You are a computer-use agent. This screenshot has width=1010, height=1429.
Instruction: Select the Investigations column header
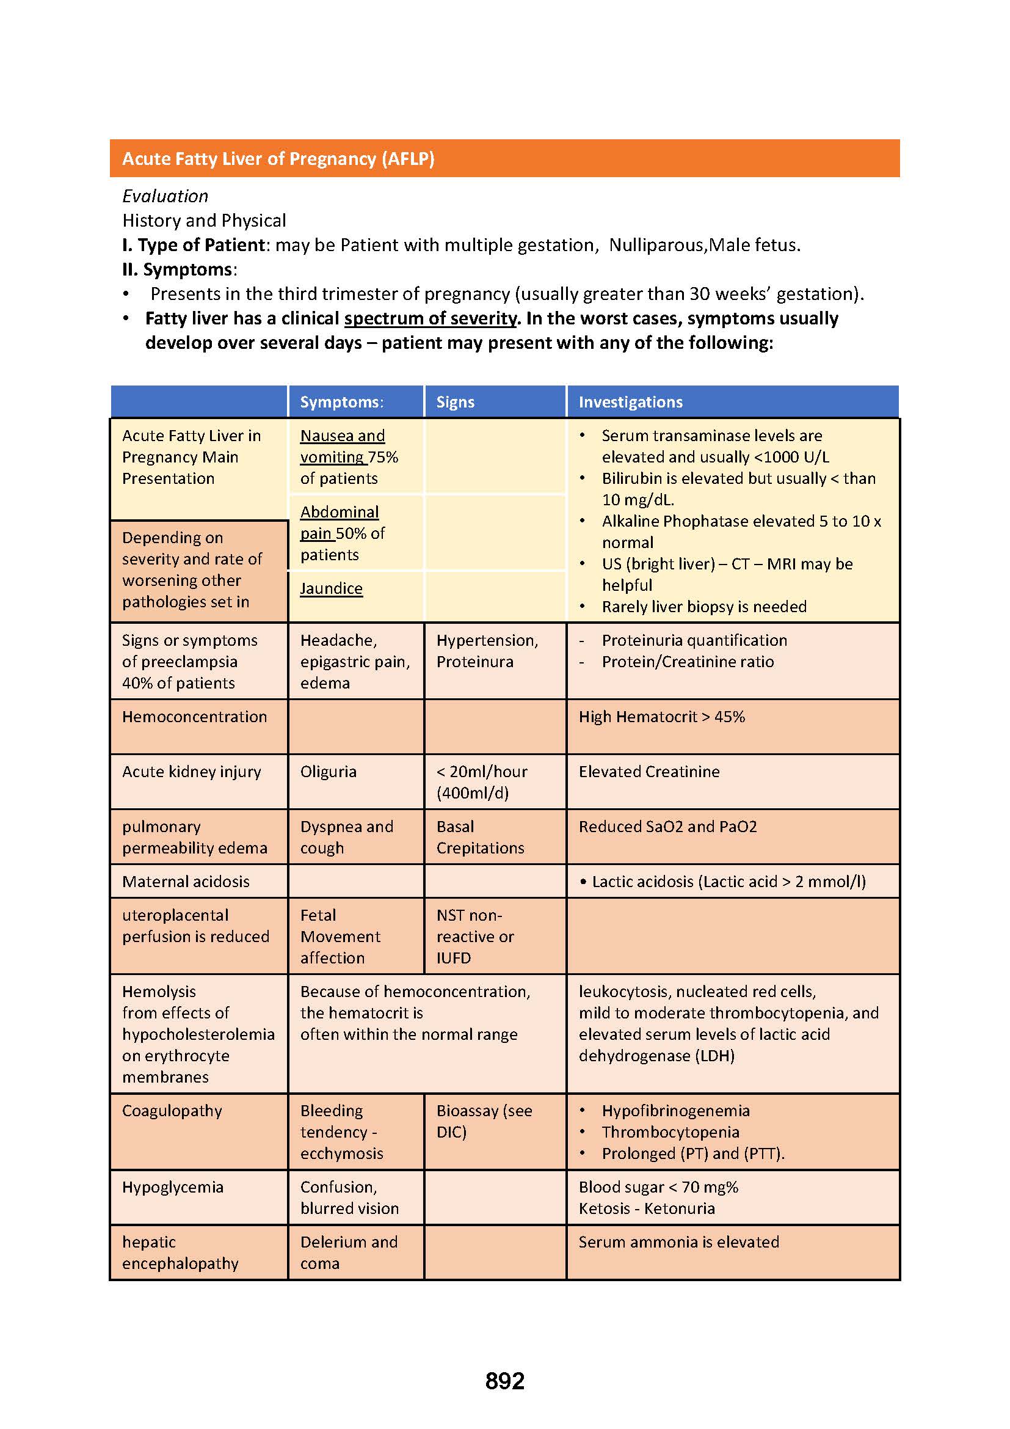630,402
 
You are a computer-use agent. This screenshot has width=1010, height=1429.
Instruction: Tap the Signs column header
456,402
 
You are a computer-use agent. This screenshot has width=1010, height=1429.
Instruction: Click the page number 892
504,1381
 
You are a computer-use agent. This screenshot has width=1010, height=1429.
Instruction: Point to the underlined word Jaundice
331,588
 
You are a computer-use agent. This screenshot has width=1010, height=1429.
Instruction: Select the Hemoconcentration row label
194,717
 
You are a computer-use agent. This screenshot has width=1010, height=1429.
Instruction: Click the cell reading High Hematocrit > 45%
662,717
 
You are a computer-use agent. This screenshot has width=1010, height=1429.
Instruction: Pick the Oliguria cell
329,772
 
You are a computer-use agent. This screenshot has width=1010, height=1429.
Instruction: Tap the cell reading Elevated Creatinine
649,772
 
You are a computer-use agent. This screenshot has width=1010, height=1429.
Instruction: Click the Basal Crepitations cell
480,837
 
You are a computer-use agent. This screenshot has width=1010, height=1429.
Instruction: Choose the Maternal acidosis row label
186,882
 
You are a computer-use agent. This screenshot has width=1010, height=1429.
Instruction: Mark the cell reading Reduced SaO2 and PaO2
667,827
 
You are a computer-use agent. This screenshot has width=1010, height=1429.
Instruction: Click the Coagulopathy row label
172,1110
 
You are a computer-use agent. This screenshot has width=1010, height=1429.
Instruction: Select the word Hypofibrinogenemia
675,1110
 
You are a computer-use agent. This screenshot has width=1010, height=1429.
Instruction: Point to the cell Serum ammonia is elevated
678,1241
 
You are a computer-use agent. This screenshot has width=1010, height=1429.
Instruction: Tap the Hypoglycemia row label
172,1187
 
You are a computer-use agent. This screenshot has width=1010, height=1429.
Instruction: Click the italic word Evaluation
165,196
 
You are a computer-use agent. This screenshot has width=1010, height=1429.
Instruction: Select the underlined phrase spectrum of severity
431,319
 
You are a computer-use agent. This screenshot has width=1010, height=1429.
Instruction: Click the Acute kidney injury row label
191,772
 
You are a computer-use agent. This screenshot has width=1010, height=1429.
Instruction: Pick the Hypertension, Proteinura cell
487,651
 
